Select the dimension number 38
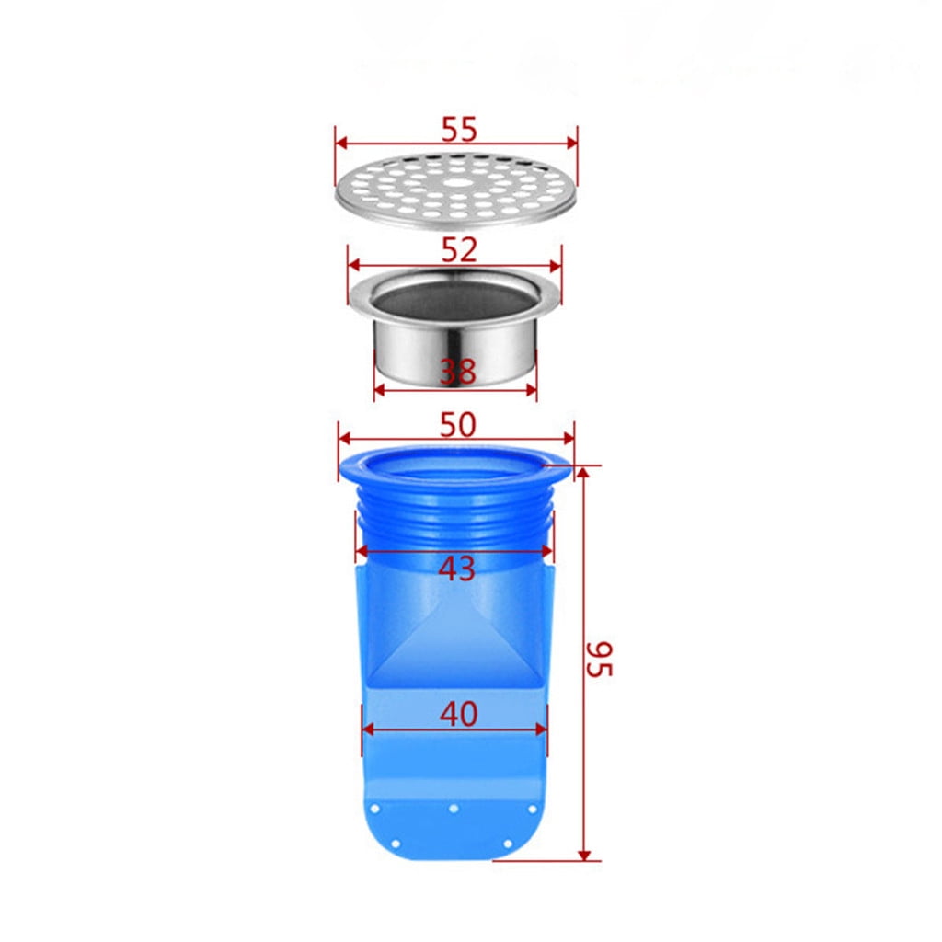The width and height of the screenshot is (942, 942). coord(457,372)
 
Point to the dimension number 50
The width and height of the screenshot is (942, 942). coord(457,424)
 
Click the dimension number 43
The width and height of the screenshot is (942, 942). coord(456,569)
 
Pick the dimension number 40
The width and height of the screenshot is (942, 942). coord(458,713)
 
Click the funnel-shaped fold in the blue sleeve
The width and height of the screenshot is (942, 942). coord(454,644)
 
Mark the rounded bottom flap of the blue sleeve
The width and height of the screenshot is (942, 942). coord(454,828)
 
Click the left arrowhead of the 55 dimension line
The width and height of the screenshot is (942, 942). coord(339,143)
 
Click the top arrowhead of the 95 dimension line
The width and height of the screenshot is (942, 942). coord(583,470)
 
